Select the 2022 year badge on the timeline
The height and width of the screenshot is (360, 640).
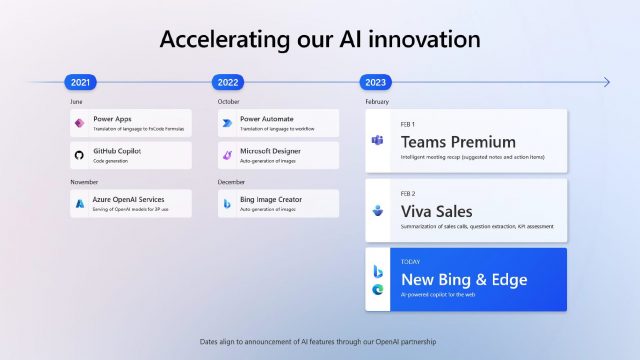click(228, 82)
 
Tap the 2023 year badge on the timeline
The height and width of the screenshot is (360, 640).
click(376, 82)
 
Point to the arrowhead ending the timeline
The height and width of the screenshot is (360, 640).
click(605, 82)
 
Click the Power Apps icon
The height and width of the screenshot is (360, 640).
click(79, 123)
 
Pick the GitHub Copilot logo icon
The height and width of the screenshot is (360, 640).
click(79, 155)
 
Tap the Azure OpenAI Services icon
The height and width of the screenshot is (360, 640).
click(79, 203)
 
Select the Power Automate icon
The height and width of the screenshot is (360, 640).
click(227, 123)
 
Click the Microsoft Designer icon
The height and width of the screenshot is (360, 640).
click(227, 155)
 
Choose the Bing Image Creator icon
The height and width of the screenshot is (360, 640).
click(227, 203)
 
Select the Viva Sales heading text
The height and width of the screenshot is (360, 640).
click(436, 211)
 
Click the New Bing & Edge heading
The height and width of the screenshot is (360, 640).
click(463, 279)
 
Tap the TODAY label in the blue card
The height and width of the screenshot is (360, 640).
click(410, 262)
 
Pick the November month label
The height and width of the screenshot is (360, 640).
click(84, 182)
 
